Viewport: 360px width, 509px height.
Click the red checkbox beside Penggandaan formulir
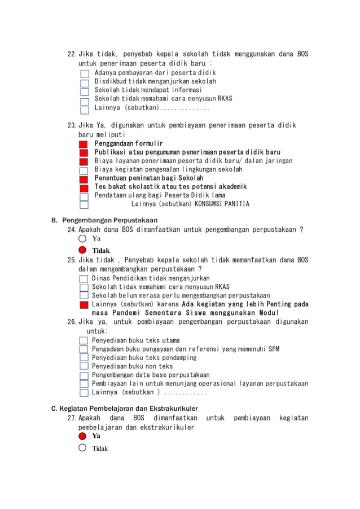click(84, 144)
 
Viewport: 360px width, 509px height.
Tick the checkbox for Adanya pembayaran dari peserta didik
click(85, 73)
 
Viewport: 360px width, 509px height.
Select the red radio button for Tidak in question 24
click(83, 250)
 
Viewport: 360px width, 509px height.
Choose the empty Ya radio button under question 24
click(83, 239)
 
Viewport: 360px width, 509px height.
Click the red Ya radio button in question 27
click(83, 436)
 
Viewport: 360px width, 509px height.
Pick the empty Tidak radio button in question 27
click(83, 448)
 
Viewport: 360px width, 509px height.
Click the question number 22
click(72, 55)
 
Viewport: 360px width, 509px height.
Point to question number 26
click(72, 322)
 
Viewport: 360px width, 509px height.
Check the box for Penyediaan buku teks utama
click(84, 341)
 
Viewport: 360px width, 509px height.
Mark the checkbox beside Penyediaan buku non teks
click(84, 367)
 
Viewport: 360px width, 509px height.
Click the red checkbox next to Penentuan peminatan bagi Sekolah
click(84, 179)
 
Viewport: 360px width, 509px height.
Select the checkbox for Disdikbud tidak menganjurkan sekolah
click(85, 82)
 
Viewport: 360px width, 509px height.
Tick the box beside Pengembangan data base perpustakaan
click(84, 375)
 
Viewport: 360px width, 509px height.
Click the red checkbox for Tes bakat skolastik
click(84, 187)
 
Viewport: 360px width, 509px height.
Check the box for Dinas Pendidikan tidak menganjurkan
click(84, 279)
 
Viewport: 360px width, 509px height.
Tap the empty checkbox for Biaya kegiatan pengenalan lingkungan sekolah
click(84, 170)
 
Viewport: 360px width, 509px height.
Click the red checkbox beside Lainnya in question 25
click(84, 305)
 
